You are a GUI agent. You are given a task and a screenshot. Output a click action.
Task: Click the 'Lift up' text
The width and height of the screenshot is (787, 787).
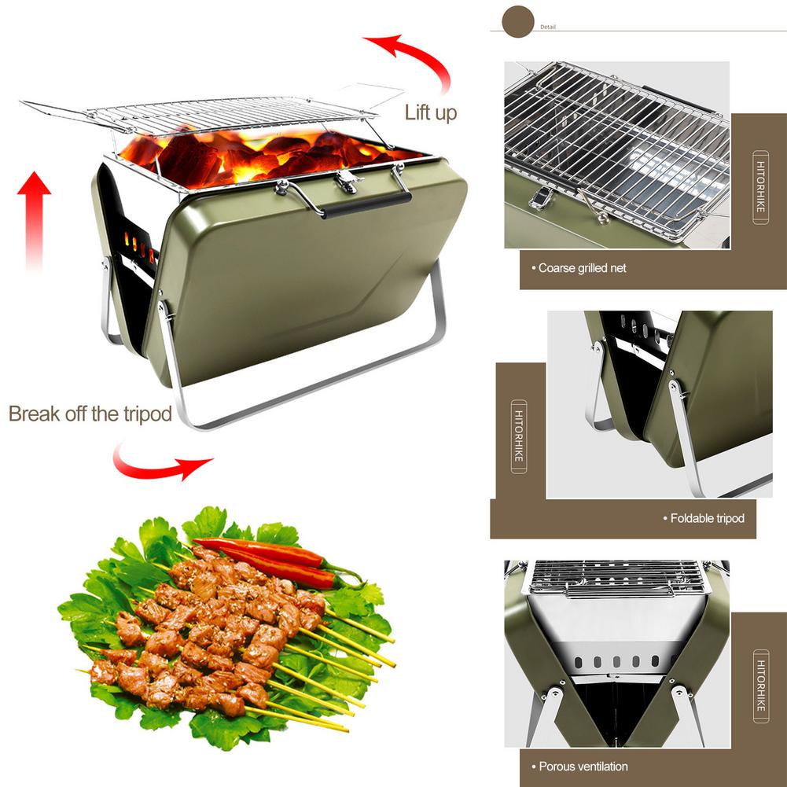(430, 112)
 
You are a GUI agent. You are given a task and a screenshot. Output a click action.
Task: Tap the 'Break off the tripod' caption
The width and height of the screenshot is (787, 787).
(90, 414)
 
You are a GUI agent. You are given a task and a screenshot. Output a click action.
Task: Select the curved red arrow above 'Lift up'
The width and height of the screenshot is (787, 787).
(417, 59)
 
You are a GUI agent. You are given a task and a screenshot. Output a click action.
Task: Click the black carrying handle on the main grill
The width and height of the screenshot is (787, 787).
(366, 204)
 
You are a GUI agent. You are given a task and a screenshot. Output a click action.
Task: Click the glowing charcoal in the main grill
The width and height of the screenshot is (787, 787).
(259, 153)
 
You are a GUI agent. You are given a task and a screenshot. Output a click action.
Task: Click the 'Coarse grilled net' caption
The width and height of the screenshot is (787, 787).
(583, 268)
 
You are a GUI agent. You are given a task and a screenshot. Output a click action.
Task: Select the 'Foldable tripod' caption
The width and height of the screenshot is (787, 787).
(707, 518)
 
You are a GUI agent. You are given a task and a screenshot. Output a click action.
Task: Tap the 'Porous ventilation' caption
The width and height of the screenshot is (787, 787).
(583, 766)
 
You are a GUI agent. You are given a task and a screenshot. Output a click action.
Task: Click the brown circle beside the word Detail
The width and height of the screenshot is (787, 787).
(518, 20)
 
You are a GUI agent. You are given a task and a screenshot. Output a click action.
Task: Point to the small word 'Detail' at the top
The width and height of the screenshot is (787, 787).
(548, 27)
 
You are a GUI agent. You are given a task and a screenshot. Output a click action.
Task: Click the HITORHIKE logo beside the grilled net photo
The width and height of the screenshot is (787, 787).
(760, 188)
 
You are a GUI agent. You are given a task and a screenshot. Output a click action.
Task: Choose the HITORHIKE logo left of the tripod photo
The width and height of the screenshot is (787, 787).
(519, 436)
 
